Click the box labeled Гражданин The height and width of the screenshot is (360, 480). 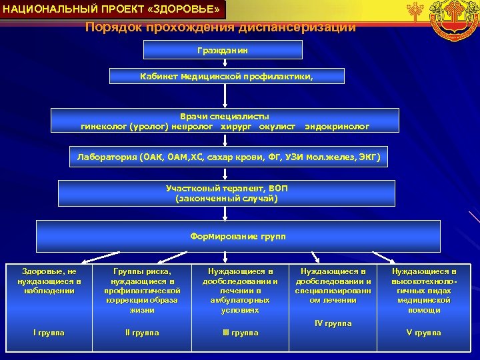click(x=223, y=50)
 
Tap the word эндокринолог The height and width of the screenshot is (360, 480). click(x=337, y=125)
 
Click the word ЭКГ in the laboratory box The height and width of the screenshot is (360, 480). click(x=366, y=157)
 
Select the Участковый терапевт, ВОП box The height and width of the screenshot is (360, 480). click(x=226, y=193)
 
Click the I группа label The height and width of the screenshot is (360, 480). click(x=49, y=332)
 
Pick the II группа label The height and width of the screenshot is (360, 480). click(x=142, y=332)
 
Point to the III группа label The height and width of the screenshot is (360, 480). click(x=240, y=332)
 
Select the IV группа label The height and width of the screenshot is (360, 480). click(x=333, y=323)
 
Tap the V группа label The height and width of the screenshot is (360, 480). click(x=424, y=332)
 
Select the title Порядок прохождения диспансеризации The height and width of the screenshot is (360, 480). click(x=221, y=28)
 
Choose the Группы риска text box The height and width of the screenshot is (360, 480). click(x=142, y=291)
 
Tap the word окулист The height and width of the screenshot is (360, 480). click(x=275, y=125)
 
